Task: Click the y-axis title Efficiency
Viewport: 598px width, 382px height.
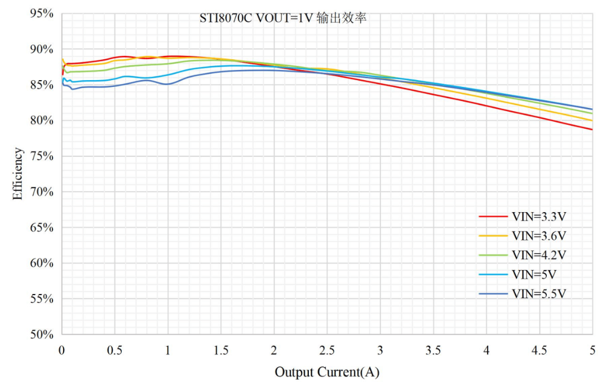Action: pos(19,174)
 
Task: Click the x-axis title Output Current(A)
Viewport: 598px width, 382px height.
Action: pos(326,372)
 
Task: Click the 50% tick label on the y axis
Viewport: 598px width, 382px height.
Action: pos(42,335)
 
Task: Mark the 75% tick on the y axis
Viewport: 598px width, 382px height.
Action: pos(42,156)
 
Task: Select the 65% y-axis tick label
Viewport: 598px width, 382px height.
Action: pos(42,227)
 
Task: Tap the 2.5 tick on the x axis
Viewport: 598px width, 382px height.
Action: pos(326,350)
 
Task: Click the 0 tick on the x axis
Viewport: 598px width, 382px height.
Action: pos(61,350)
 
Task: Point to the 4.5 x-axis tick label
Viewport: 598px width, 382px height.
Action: pos(539,350)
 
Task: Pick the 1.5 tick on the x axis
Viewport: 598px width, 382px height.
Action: pos(220,350)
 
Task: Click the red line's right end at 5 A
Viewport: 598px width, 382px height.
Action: pos(592,129)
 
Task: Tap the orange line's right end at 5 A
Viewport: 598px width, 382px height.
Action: pos(592,120)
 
